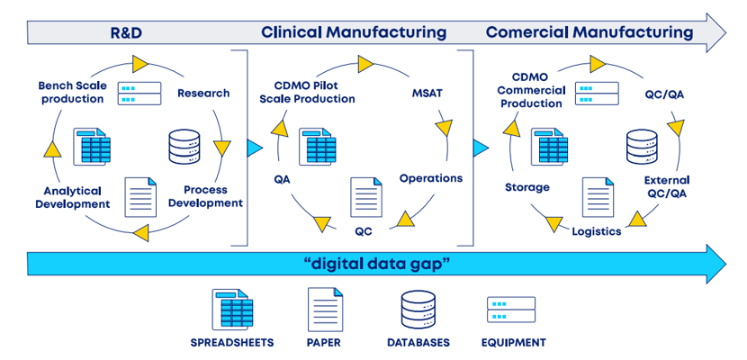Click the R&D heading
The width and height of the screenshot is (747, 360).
tap(127, 33)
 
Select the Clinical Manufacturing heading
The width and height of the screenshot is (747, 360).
tap(354, 32)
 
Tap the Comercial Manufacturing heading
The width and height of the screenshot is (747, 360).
tap(589, 32)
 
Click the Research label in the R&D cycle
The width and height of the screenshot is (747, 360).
tap(203, 93)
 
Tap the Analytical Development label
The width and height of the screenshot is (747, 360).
tap(72, 197)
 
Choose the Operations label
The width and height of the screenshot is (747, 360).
tap(430, 178)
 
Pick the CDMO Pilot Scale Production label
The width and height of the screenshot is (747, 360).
tap(307, 92)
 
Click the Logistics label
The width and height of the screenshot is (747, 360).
tap(596, 231)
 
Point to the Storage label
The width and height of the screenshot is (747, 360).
tap(526, 187)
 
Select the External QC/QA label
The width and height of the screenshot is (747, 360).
tap(666, 186)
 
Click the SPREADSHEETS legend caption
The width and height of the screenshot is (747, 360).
tap(232, 343)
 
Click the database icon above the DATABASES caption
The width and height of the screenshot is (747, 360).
tap(418, 309)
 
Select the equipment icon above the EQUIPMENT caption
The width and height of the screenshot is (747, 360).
tap(511, 309)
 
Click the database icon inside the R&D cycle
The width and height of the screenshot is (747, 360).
tap(184, 147)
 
